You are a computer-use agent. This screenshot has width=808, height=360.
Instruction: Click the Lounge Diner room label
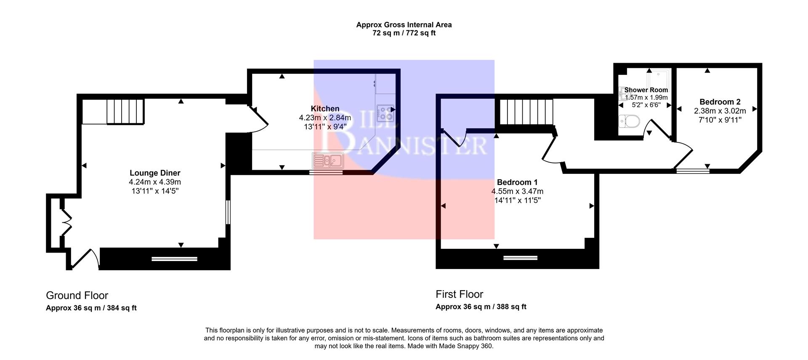pyautogui.click(x=155, y=173)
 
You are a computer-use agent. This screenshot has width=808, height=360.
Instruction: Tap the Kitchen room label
pyautogui.click(x=325, y=109)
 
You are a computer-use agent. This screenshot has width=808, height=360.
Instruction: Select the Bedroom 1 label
pyautogui.click(x=517, y=182)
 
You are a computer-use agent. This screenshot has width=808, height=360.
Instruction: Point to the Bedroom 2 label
pyautogui.click(x=720, y=102)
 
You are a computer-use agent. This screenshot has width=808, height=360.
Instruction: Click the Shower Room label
pyautogui.click(x=646, y=90)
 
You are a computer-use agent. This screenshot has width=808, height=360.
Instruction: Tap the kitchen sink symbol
pyautogui.click(x=328, y=160)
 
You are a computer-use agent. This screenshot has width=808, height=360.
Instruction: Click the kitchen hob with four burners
pyautogui.click(x=385, y=112)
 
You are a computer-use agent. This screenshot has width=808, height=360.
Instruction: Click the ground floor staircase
pyautogui.click(x=125, y=112)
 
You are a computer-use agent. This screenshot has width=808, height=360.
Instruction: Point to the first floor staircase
pyautogui.click(x=526, y=112)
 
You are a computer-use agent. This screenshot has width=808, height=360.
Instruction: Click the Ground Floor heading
pyautogui.click(x=77, y=296)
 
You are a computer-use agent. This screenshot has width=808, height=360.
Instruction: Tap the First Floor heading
pyautogui.click(x=459, y=294)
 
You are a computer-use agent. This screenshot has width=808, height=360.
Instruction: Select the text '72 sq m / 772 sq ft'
pyautogui.click(x=404, y=33)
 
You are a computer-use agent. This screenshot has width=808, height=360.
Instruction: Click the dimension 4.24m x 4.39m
pyautogui.click(x=155, y=182)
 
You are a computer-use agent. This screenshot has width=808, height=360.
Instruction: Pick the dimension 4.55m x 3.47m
pyautogui.click(x=517, y=191)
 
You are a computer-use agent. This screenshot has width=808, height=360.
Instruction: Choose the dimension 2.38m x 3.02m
pyautogui.click(x=720, y=111)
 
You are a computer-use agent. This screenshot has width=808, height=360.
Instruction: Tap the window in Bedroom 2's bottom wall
pyautogui.click(x=692, y=171)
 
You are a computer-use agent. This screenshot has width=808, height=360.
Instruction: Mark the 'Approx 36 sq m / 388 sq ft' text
pyautogui.click(x=481, y=307)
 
